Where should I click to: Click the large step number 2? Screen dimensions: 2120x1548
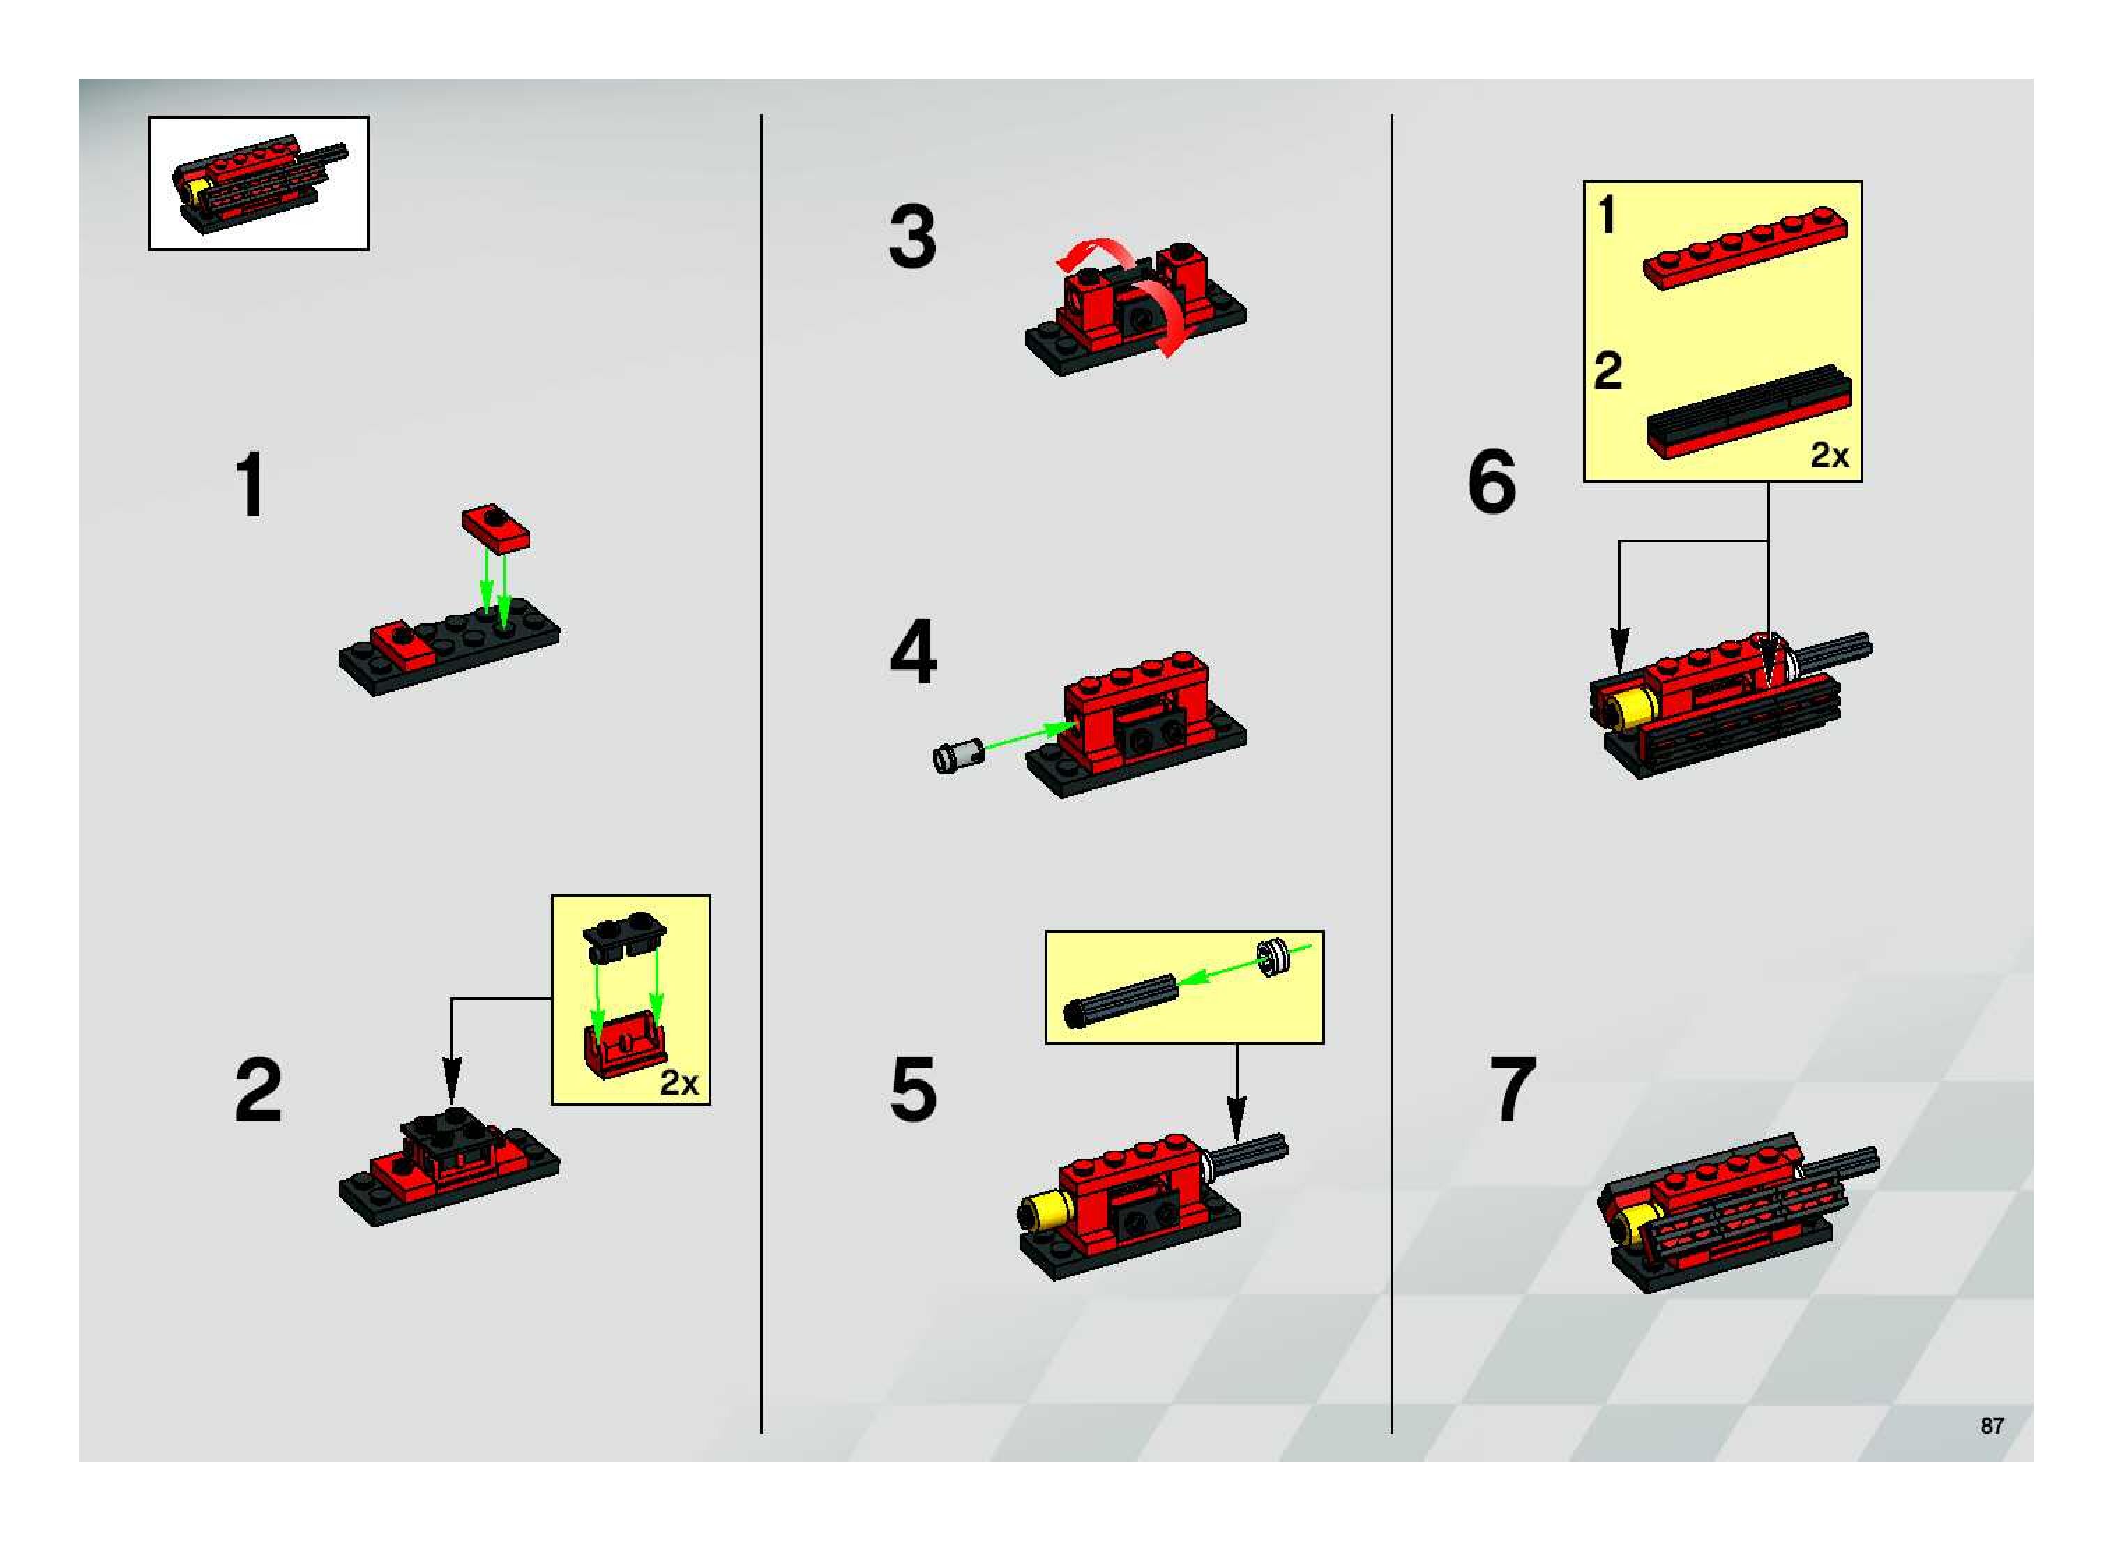259,1089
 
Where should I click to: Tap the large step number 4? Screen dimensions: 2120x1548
913,651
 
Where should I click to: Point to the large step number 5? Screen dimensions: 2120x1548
913,1089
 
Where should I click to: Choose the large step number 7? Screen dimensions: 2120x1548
1513,1089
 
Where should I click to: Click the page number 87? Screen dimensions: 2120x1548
1992,1425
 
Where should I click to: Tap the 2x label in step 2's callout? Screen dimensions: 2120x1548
679,1082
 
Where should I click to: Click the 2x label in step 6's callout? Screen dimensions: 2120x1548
1829,455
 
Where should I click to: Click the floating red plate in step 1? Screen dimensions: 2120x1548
495,528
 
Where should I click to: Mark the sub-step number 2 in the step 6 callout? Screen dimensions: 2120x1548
1607,371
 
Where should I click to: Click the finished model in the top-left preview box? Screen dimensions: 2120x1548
259,183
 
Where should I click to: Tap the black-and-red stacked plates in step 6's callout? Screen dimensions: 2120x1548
1749,412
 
